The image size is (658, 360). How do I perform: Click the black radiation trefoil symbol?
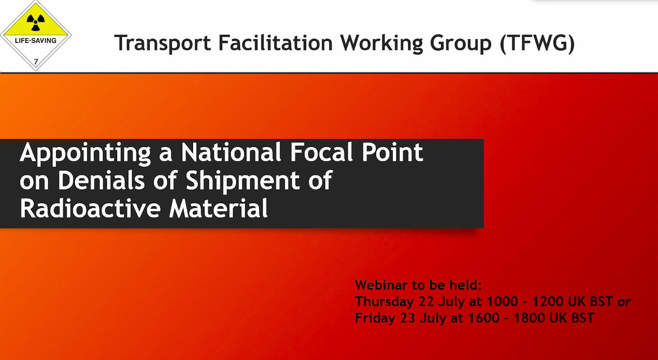click(36, 22)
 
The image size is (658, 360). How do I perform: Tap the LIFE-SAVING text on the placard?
click(36, 41)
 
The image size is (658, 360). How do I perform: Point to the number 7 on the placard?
click(36, 62)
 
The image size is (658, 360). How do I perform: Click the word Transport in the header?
click(163, 43)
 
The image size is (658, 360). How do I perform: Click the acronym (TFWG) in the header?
click(537, 43)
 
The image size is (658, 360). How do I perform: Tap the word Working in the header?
click(381, 43)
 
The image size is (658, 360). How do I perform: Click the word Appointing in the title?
click(85, 153)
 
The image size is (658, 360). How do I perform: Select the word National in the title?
click(231, 152)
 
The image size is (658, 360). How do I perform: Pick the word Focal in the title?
click(322, 152)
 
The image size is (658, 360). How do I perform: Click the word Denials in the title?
click(101, 180)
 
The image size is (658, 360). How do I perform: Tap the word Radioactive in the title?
click(90, 208)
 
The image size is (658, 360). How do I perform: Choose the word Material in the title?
click(218, 208)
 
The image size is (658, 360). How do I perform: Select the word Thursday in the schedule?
click(384, 302)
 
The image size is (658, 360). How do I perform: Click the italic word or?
click(624, 302)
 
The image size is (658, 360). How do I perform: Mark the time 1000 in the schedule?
click(502, 302)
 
